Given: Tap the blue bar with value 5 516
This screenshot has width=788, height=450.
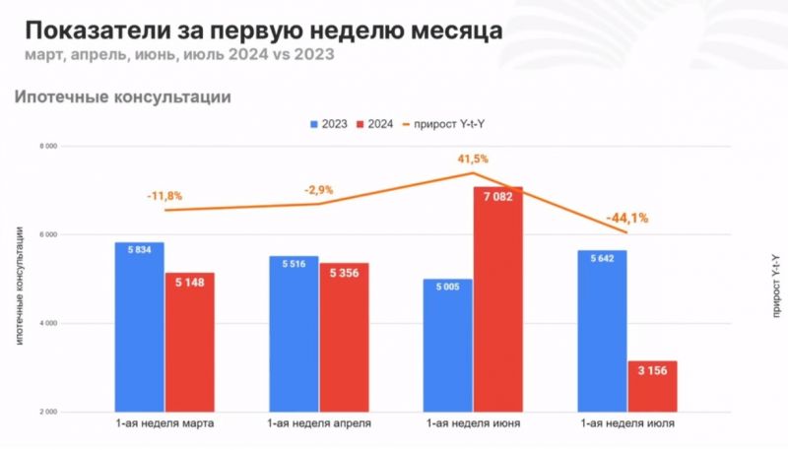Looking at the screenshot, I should (x=294, y=335).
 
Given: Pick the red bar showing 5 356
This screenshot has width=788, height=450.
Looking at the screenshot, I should (x=344, y=340).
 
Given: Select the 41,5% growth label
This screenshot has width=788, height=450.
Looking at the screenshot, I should (x=472, y=158).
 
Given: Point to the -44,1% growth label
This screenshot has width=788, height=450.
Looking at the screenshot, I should (x=627, y=218).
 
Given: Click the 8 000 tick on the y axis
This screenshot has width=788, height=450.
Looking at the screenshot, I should (x=47, y=146).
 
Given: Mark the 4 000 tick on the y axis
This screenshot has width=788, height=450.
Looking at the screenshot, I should (x=47, y=323).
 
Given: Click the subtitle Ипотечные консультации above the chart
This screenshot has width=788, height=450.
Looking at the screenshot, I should (x=122, y=97).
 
